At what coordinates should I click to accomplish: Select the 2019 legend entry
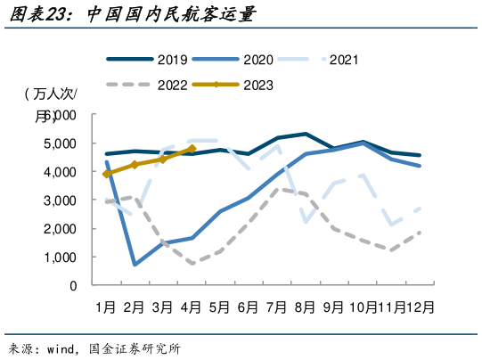pyautogui.click(x=147, y=61)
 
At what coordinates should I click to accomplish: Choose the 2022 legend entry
pyautogui.click(x=147, y=86)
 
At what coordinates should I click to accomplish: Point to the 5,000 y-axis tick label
pyautogui.click(x=60, y=143)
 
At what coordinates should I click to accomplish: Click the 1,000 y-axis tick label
pyautogui.click(x=60, y=258)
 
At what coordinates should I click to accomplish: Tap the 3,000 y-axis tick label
pyautogui.click(x=60, y=200)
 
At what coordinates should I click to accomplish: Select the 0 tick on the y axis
pyautogui.click(x=73, y=286)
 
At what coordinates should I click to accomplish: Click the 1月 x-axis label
pyautogui.click(x=106, y=307)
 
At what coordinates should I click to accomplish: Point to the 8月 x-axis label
pyautogui.click(x=305, y=307)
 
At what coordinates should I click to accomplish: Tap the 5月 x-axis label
pyautogui.click(x=219, y=307)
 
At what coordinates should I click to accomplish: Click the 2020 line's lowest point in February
pyautogui.click(x=135, y=265)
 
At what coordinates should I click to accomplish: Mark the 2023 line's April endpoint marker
pyautogui.click(x=192, y=149)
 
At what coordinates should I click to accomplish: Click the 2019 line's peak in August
pyautogui.click(x=306, y=134)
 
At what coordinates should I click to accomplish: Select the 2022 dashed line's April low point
pyautogui.click(x=192, y=263)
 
